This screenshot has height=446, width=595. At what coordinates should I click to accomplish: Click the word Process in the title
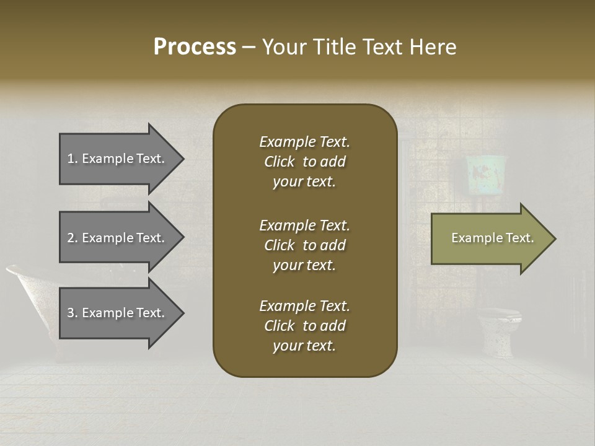(x=195, y=47)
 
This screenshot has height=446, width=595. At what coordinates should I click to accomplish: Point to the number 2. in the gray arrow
(x=72, y=238)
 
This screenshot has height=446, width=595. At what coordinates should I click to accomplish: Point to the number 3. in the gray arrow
(x=72, y=313)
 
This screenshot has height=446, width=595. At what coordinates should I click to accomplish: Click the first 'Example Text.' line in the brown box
(x=304, y=142)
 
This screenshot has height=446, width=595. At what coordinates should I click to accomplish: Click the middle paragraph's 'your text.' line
(x=304, y=265)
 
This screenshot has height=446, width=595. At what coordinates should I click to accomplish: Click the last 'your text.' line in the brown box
(x=304, y=346)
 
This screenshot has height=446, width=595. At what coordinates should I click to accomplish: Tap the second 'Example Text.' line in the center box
(x=304, y=225)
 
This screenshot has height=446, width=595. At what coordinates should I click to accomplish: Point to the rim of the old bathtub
(x=25, y=271)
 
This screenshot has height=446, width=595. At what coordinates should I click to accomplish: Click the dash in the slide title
(x=249, y=47)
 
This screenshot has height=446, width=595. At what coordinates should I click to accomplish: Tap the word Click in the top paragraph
(x=280, y=162)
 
